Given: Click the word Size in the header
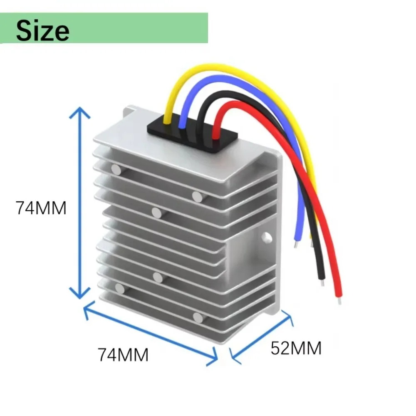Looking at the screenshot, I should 42,30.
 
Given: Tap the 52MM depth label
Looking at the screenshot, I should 296,348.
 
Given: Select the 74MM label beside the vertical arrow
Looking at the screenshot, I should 41,208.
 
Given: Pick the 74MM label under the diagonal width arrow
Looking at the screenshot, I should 123,355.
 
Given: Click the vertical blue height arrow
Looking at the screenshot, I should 80,204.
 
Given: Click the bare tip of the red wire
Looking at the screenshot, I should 339,298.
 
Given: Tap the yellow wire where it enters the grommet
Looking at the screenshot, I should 166,121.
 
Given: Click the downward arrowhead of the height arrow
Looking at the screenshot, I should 80,294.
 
